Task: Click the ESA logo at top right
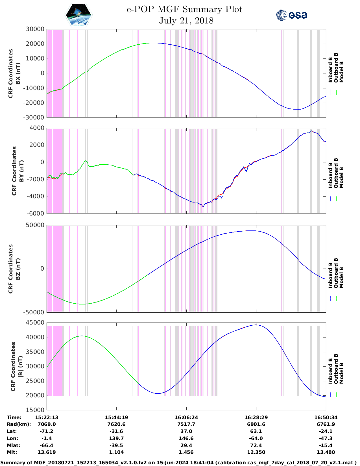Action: click(291, 15)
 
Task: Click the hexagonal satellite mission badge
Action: click(79, 15)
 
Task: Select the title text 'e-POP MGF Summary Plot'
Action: click(184, 10)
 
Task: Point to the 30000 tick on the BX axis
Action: click(35, 29)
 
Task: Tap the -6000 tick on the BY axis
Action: click(35, 214)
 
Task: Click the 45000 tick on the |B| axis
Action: click(35, 323)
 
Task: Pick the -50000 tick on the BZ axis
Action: click(34, 312)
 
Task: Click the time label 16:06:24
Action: click(186, 417)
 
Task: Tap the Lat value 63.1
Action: click(256, 431)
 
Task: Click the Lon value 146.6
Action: click(186, 438)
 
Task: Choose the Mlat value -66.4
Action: click(47, 445)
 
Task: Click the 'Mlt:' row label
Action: click(12, 452)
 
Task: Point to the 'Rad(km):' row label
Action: click(19, 424)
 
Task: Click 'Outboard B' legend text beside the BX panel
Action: click(336, 68)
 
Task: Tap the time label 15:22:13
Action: click(47, 417)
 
